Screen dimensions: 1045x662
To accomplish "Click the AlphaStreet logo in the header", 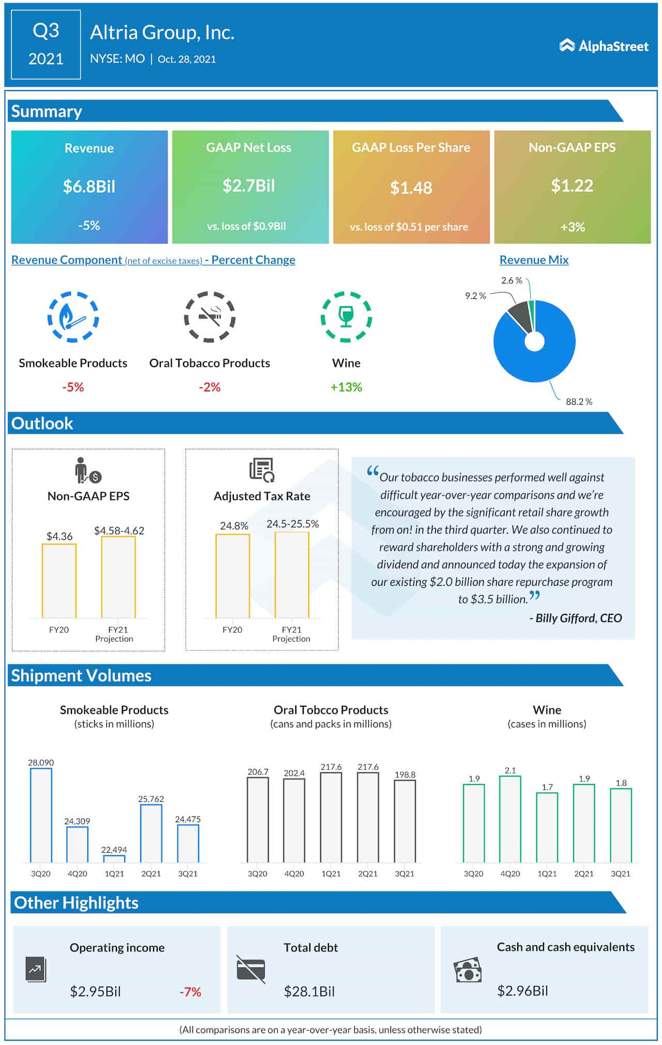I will [604, 46].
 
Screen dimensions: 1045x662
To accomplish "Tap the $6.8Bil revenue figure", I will [89, 186].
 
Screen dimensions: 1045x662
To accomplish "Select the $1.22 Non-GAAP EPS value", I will [572, 186].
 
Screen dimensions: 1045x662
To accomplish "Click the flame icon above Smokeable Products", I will [73, 317].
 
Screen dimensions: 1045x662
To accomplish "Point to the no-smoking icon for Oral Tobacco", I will [209, 317].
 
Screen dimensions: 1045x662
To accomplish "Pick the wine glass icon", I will [346, 316].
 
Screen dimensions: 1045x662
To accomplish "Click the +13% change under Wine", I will [346, 387].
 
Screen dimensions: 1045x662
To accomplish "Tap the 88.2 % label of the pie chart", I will [579, 401].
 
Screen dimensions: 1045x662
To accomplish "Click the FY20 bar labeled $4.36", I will [59, 581].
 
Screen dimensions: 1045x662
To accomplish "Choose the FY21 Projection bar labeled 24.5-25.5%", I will [292, 575].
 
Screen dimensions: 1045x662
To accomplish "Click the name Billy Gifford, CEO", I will [575, 618].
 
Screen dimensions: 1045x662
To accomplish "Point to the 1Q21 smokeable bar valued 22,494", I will [114, 859].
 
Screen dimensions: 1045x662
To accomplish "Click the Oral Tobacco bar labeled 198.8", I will [404, 821].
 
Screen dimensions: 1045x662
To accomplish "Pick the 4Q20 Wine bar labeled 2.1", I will [510, 819].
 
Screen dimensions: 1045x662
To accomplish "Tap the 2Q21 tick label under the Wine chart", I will [584, 873].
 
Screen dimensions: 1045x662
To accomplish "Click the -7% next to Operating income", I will [190, 991].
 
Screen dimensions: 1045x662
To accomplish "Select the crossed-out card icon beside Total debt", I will [251, 969].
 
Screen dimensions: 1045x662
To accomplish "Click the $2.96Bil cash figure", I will [522, 991].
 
